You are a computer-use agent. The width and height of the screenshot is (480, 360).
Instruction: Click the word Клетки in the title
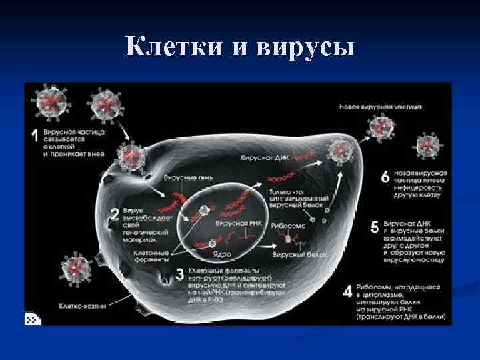point(174,48)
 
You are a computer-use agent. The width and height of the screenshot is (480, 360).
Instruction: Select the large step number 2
point(115,215)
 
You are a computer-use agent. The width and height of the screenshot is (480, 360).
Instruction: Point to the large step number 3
point(178,274)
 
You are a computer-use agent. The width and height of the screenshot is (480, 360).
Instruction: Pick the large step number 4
point(347,291)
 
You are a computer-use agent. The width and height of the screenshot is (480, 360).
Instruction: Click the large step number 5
point(374,227)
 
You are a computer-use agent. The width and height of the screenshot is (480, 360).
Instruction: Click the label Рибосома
point(289,226)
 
